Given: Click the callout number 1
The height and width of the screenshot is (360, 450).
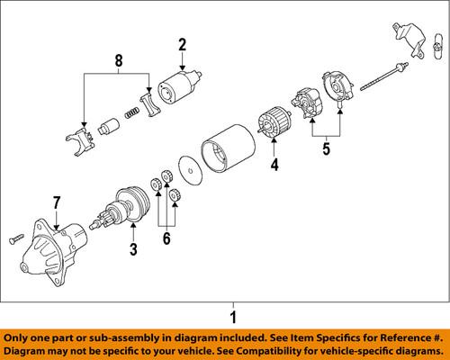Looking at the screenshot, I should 232,318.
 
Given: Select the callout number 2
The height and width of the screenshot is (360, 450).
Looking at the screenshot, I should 182,44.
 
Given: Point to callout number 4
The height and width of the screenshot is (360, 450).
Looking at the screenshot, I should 275,165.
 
